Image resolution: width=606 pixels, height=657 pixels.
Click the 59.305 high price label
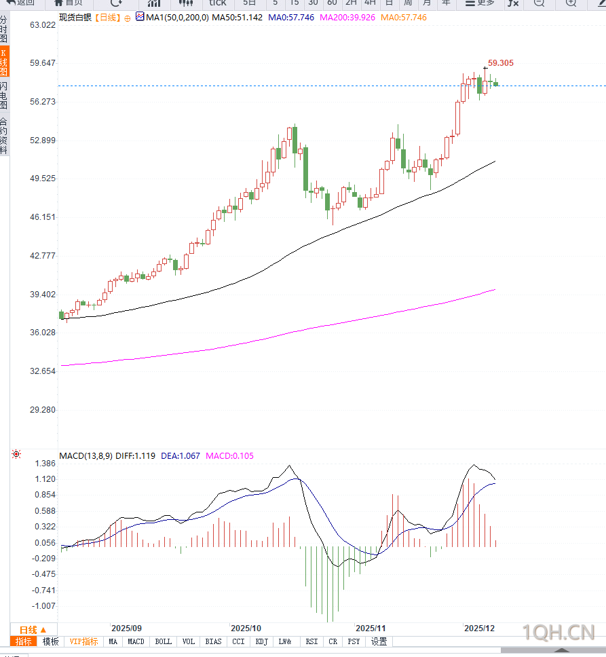[x=501, y=63]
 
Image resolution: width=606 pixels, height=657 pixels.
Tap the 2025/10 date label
[x=246, y=628]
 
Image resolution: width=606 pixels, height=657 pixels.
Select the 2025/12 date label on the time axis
[x=479, y=628]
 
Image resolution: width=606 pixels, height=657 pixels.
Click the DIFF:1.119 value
[x=135, y=456]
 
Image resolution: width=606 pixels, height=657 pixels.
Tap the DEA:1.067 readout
[x=181, y=456]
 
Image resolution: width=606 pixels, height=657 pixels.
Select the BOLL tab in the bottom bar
[x=164, y=641]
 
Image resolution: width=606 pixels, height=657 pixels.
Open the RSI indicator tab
[x=311, y=641]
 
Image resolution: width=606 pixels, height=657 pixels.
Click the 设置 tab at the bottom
[x=379, y=641]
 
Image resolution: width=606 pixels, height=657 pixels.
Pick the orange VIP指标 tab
[x=83, y=641]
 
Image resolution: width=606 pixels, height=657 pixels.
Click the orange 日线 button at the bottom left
[x=33, y=630]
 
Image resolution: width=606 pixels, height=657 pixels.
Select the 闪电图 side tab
[x=4, y=96]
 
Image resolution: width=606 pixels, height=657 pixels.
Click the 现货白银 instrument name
[x=74, y=17]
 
